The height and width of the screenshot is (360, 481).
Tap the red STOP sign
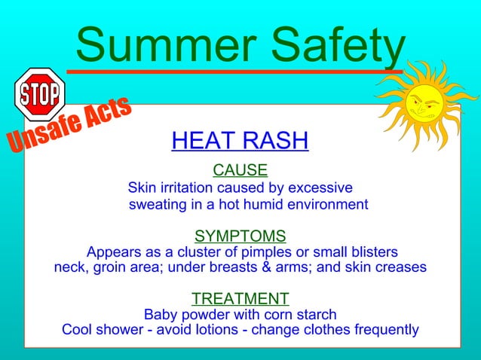point(40,95)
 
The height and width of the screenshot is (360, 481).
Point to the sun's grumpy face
point(421,105)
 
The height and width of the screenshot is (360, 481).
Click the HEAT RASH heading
point(240,141)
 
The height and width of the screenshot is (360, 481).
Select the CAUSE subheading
point(240,170)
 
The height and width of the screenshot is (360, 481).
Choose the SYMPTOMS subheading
point(240,236)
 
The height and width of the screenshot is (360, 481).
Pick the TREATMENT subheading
point(240,298)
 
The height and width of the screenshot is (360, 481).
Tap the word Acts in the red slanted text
point(107,113)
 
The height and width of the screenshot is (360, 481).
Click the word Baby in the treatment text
point(160,314)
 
